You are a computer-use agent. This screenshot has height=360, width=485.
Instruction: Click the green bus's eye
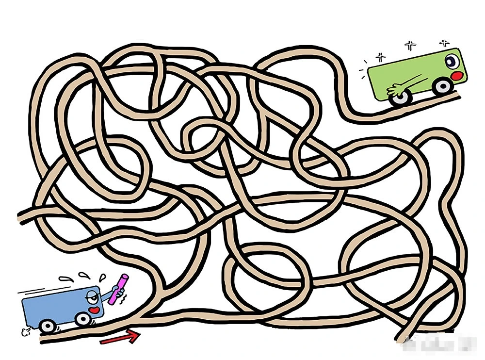[x=452, y=61]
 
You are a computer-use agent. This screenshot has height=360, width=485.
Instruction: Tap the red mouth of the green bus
[x=456, y=76]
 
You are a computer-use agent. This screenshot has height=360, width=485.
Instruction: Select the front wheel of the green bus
[x=442, y=86]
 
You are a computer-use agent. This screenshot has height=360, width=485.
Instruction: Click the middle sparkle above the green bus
[x=411, y=46]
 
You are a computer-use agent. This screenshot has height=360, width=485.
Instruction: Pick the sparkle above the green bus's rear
[x=380, y=56]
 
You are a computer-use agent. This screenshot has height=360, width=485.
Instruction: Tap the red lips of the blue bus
[x=96, y=310]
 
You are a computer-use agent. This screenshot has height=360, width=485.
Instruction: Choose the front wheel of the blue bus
[x=83, y=319]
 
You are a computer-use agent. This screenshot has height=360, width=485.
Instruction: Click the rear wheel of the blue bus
[x=47, y=326]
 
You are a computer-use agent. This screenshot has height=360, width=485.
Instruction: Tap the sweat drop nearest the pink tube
[x=102, y=278]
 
